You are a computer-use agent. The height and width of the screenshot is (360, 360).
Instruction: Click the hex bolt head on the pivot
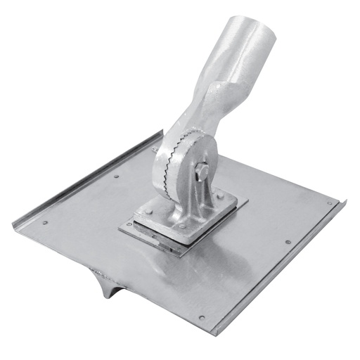[x=202, y=171]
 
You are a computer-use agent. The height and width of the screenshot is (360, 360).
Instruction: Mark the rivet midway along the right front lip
[x=288, y=243]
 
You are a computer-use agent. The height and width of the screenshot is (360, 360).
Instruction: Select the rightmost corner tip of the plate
[x=345, y=202]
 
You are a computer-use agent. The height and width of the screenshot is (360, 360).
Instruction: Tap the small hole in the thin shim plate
[x=129, y=224]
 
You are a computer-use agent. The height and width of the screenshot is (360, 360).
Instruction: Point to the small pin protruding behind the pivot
[x=153, y=149]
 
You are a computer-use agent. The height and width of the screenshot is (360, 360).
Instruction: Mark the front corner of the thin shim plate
[x=181, y=253]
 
